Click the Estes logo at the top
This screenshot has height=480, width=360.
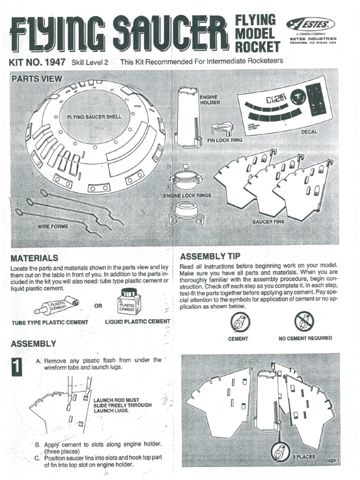(311, 24)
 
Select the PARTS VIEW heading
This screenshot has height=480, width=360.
(37, 79)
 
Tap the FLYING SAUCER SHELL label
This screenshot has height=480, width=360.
(94, 117)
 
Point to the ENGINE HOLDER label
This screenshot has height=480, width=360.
(209, 99)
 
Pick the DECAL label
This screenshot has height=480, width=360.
(309, 132)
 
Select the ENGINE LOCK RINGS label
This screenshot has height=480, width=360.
(187, 195)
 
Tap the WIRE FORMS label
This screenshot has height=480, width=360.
(53, 226)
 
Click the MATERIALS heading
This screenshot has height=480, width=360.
(34, 258)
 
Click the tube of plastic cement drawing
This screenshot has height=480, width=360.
(57, 306)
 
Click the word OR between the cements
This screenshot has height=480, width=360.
(98, 306)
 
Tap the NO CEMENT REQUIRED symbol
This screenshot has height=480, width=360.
(304, 322)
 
